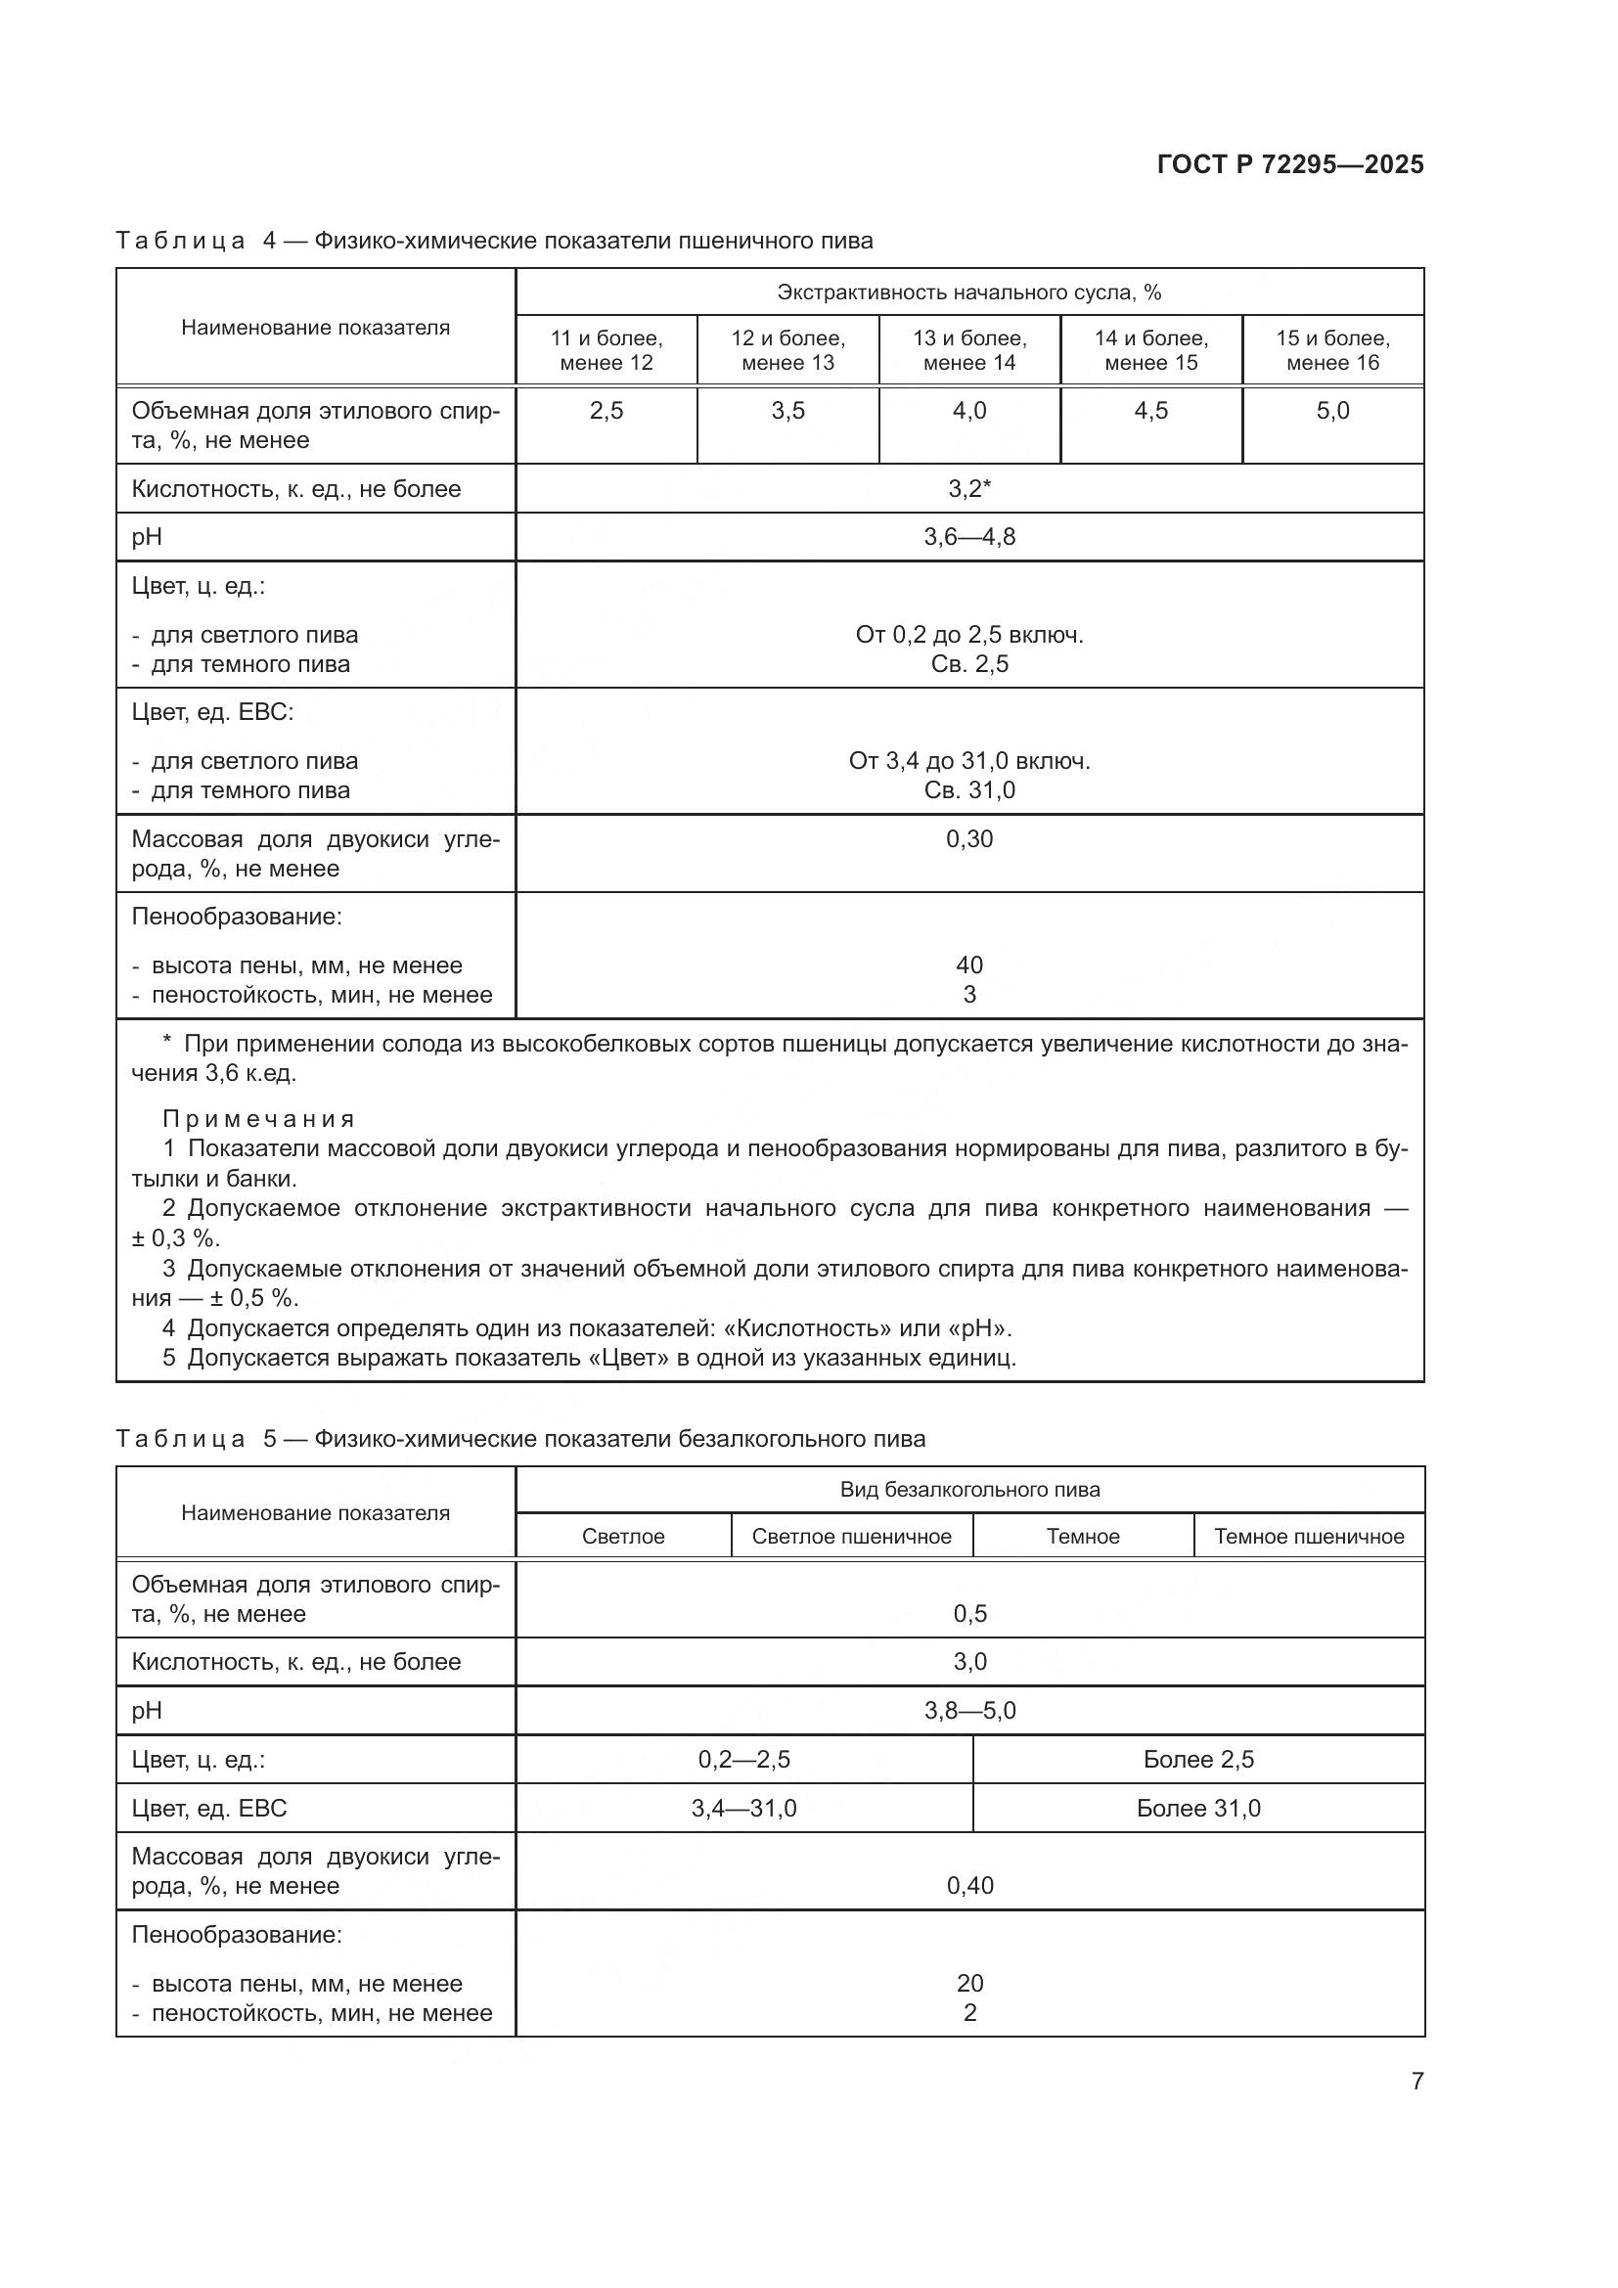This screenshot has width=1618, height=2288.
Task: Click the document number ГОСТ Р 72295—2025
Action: coord(1289,164)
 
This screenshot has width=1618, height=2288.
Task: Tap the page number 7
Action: coord(1416,2081)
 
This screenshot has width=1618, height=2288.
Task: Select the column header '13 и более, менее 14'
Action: coord(968,350)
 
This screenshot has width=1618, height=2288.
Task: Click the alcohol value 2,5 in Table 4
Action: coord(606,411)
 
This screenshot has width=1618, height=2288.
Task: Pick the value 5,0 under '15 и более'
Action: coord(1332,411)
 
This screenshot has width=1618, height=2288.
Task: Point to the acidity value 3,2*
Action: coord(968,488)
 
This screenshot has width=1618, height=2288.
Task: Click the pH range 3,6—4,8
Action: coord(968,537)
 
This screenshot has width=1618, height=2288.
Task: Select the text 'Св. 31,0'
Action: coord(968,790)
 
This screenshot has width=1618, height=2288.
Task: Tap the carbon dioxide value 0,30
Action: coord(968,839)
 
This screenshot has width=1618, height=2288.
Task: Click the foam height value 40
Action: coord(968,965)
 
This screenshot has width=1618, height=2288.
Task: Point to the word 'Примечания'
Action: coord(259,1118)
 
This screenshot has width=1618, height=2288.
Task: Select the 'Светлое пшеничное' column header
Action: coord(851,1536)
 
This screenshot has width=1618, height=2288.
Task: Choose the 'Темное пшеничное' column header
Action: coord(1308,1536)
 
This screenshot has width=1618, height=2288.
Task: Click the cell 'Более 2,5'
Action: coord(1197,1759)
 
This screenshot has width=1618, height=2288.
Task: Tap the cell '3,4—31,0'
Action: coord(743,1808)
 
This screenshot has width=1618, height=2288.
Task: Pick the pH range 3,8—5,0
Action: coord(968,1710)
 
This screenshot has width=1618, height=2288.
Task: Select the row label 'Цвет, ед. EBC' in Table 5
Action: coord(209,1808)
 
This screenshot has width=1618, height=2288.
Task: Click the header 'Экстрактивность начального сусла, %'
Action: coord(968,292)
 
